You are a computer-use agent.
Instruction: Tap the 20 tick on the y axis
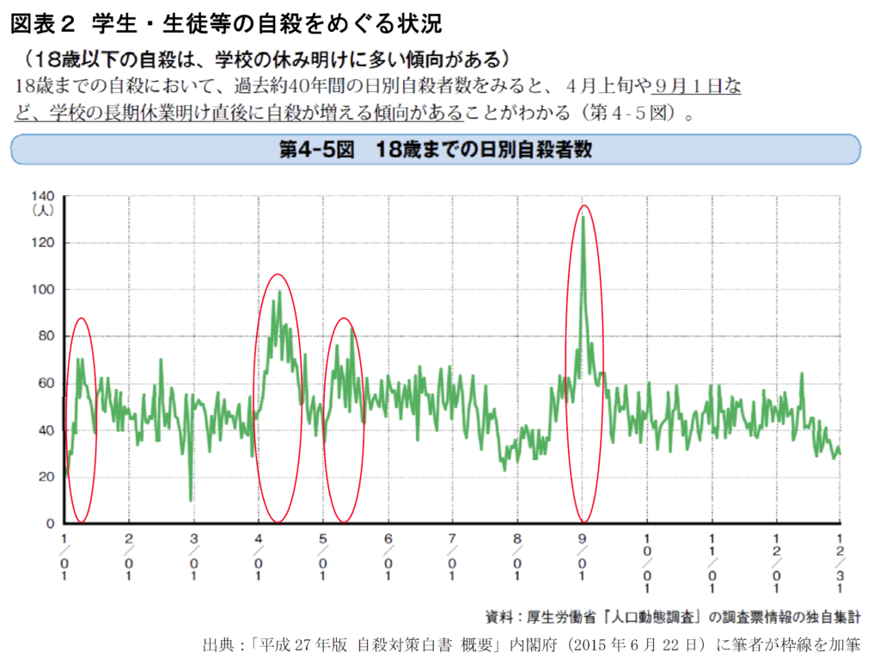click(45, 477)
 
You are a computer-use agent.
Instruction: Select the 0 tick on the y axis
click(49, 523)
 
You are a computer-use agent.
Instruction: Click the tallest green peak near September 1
click(584, 218)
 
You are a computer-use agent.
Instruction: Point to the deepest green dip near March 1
click(191, 499)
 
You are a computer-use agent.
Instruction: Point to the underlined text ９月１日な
click(697, 87)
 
